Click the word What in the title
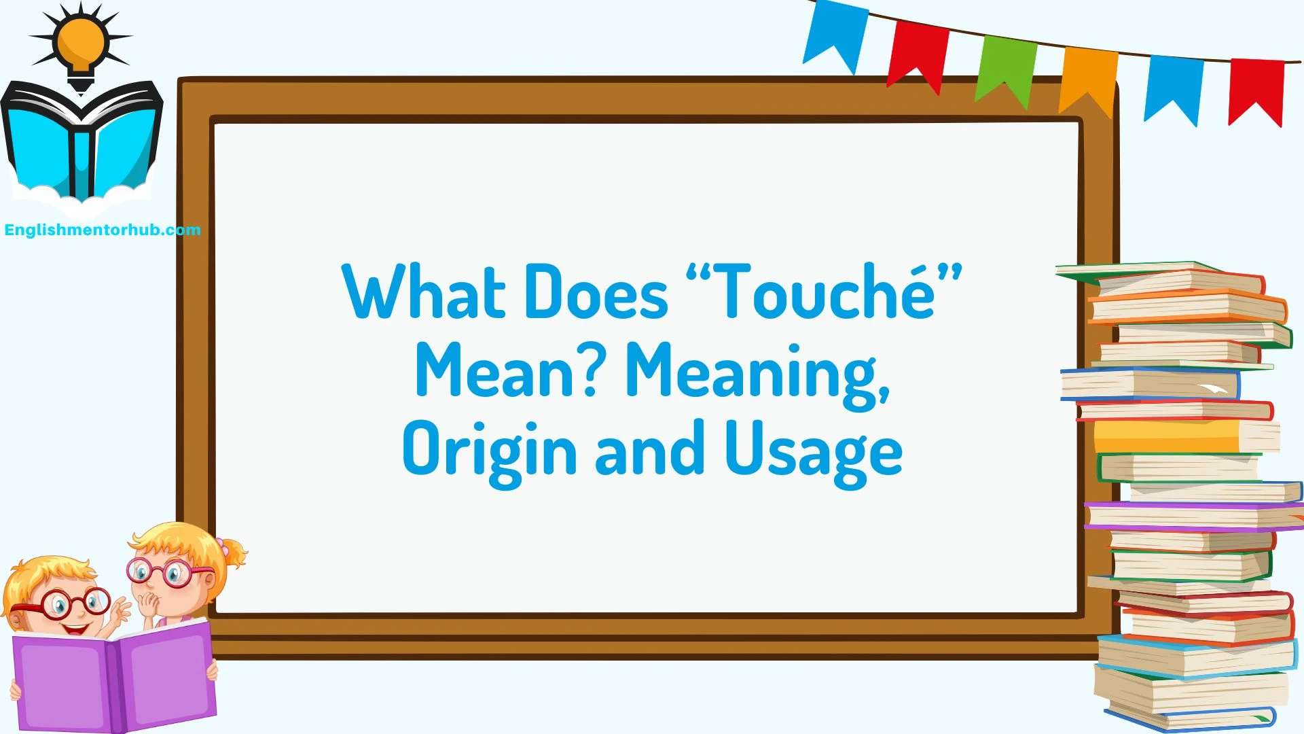(424, 292)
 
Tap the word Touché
(825, 292)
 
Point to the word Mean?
(506, 371)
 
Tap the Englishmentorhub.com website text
(103, 230)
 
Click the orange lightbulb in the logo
(81, 42)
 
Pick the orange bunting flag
(1089, 78)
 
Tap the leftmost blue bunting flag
(835, 34)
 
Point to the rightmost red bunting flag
(1256, 88)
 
